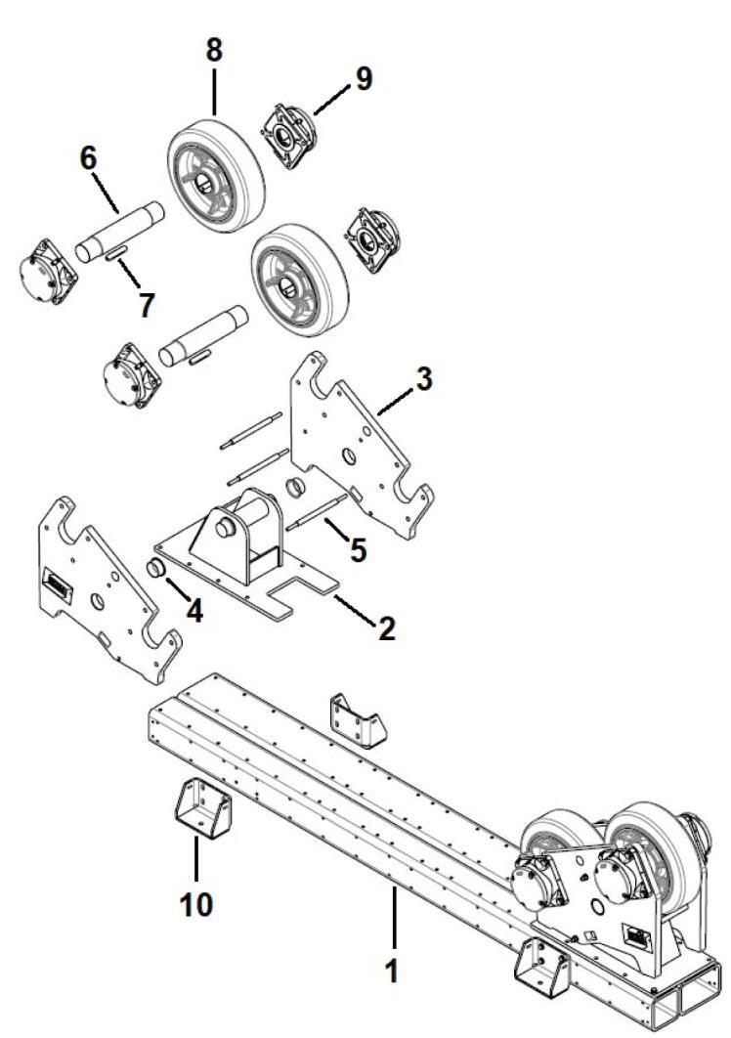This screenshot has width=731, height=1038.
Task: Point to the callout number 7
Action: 145,305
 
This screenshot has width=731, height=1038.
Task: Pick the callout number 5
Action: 358,549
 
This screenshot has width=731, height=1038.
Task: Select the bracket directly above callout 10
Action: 203,806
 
